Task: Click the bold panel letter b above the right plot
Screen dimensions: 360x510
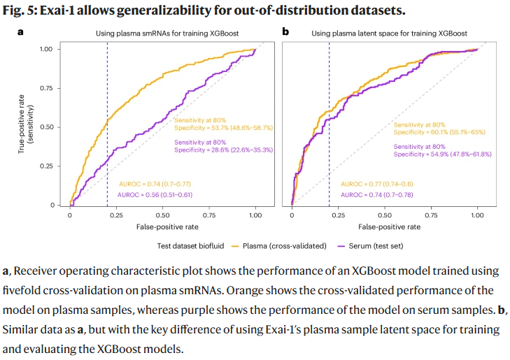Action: [x=285, y=32]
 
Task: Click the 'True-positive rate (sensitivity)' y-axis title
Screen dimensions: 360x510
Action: [x=26, y=127]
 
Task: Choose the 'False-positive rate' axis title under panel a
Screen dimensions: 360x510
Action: [x=162, y=227]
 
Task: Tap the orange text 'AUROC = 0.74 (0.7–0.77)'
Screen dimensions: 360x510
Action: [x=155, y=184]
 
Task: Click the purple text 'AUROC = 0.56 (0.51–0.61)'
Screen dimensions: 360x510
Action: [x=155, y=194]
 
